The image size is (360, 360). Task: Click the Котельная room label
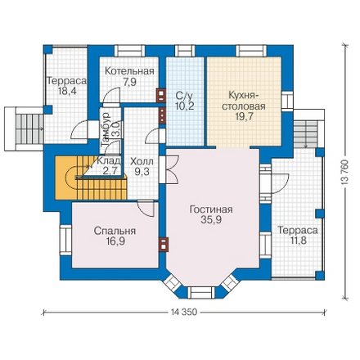point(129,71)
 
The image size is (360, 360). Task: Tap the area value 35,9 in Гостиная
point(211,219)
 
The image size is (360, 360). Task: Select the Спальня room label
point(115,231)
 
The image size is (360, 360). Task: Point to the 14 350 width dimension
point(184,312)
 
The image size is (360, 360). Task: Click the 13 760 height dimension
point(345,172)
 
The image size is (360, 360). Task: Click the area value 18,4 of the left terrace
point(67,91)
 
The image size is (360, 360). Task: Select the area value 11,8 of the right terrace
point(298,241)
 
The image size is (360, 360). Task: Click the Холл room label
point(142,161)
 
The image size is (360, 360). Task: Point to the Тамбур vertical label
point(105,130)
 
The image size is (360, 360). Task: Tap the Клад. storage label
point(108,161)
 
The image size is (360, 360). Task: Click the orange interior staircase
point(91,178)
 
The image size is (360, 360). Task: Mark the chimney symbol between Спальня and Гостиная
point(164,244)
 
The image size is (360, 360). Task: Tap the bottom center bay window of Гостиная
point(201,293)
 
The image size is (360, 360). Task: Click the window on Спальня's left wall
point(65,240)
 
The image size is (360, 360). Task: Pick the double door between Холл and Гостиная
point(168,169)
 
